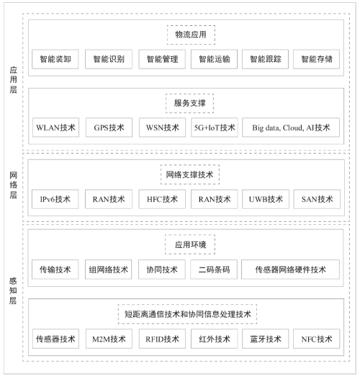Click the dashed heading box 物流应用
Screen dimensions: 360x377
pyautogui.click(x=191, y=35)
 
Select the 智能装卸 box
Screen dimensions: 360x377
pyautogui.click(x=55, y=59)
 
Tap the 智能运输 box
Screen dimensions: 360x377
pyautogui.click(x=215, y=59)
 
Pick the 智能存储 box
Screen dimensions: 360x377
pyautogui.click(x=317, y=59)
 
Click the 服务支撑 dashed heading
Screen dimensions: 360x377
pyautogui.click(x=190, y=103)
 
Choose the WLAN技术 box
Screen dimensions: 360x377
pyautogui.click(x=55, y=128)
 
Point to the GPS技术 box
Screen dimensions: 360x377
pyautogui.click(x=109, y=128)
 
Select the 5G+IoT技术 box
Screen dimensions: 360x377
pyautogui.click(x=215, y=128)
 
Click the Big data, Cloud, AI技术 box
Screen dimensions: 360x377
pyautogui.click(x=291, y=128)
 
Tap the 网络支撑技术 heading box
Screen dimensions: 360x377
pyautogui.click(x=190, y=174)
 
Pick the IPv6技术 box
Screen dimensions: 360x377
pyautogui.click(x=55, y=199)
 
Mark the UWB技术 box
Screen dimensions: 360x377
pyautogui.click(x=266, y=199)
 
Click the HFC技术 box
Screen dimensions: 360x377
pyautogui.click(x=162, y=199)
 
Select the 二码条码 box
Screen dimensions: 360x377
pyautogui.click(x=214, y=270)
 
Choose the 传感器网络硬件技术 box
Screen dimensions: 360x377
pyautogui.click(x=291, y=270)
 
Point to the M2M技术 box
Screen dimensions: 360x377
pyautogui.click(x=109, y=339)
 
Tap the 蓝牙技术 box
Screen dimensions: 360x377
pyautogui.click(x=266, y=339)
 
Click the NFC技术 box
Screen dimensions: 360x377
pyautogui.click(x=317, y=339)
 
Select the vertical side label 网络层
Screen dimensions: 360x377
pyautogui.click(x=14, y=185)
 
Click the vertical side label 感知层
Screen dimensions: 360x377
pyautogui.click(x=13, y=290)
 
